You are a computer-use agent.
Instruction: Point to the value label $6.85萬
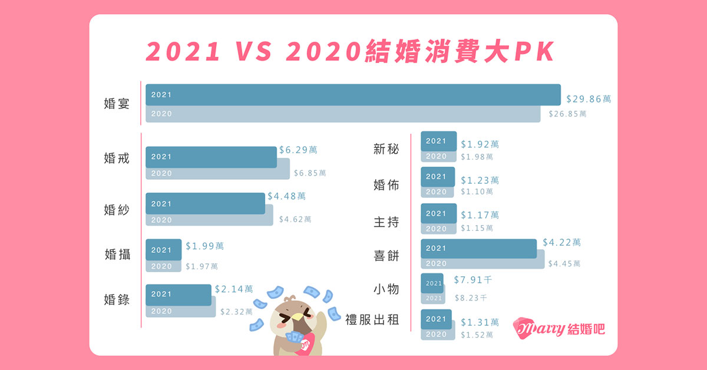coord(310,173)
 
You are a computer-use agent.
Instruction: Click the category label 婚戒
coord(116,158)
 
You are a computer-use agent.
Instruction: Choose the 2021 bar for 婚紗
coord(205,203)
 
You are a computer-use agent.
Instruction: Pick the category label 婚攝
coord(116,255)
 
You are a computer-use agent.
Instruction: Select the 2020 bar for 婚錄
coord(180,311)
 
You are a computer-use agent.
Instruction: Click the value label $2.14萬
coord(234,289)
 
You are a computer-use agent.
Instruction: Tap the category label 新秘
coord(386,149)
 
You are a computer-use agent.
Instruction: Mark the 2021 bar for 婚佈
coord(438,177)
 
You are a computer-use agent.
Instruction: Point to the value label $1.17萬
coord(480,216)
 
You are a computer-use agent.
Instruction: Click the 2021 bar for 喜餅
coord(478,249)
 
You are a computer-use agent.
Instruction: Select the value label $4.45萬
coord(564,263)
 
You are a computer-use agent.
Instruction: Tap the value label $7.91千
coord(473,280)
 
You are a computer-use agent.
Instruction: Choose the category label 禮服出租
coord(372,320)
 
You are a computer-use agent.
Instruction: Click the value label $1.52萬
coord(477,335)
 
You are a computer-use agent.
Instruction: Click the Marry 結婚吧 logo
coord(559,328)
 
